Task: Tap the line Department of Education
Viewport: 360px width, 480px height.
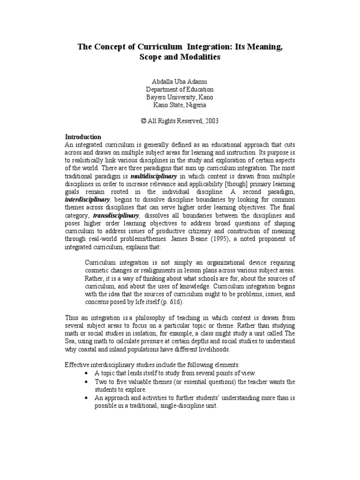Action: click(180, 89)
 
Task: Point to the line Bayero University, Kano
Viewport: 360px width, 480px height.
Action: click(180, 97)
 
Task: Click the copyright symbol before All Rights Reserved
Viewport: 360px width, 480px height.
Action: click(144, 121)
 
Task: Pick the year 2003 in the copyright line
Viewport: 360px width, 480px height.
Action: click(210, 121)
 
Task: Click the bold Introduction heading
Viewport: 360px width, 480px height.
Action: click(82, 137)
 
